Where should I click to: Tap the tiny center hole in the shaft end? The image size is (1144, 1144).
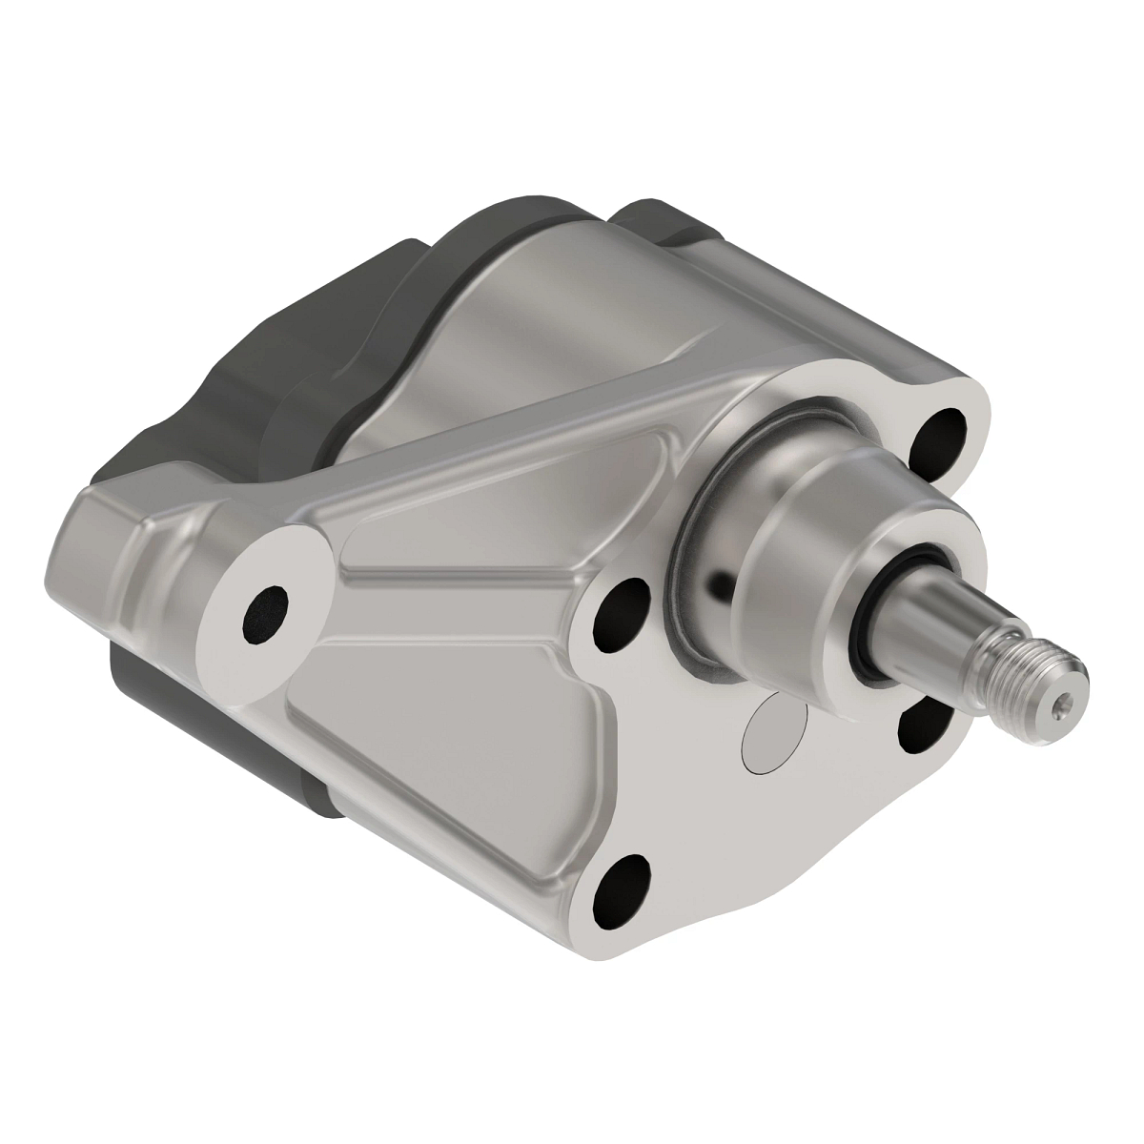[1065, 705]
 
